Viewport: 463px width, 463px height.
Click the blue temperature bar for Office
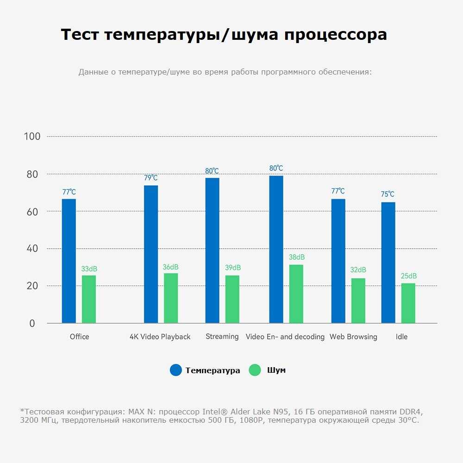pos(69,261)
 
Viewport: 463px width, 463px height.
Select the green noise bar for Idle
pos(408,303)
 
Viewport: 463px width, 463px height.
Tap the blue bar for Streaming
pos(213,250)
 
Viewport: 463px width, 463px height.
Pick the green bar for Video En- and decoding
pos(296,294)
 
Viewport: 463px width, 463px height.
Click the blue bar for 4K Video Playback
pos(151,254)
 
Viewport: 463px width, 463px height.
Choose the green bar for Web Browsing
pos(358,300)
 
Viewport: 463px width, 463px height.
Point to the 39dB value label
pos(233,268)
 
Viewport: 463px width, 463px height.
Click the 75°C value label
pos(388,194)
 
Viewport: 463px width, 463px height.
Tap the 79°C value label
pos(151,178)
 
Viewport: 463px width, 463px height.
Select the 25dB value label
pos(408,276)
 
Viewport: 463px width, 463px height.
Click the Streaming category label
pos(222,337)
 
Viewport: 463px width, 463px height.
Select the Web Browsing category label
pos(353,337)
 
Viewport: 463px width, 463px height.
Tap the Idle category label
pos(402,337)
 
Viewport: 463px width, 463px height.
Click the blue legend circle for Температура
pos(176,370)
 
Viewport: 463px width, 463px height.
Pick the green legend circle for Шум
pos(255,370)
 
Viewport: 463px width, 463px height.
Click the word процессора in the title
pos(335,35)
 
